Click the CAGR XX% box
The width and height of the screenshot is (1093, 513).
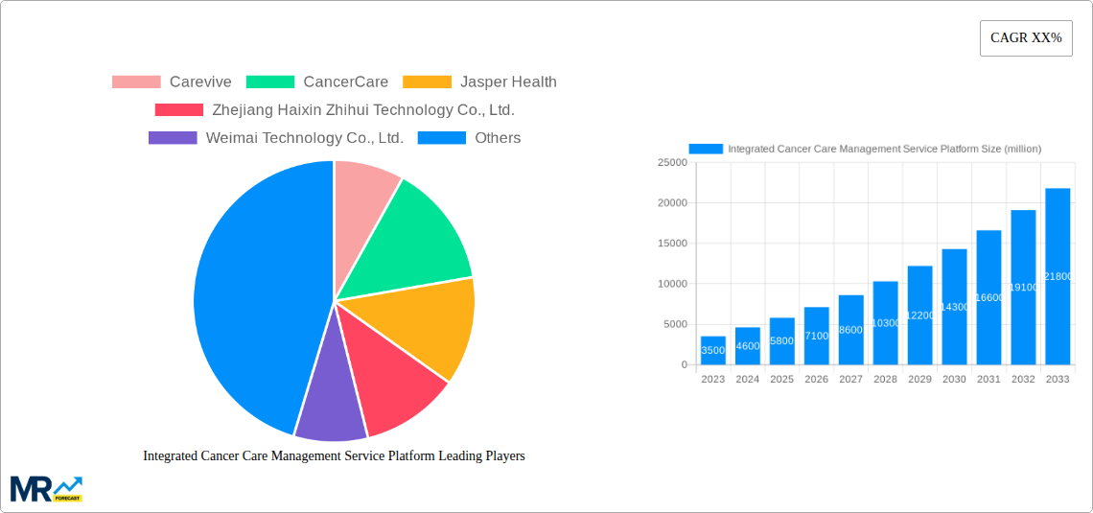tap(1026, 38)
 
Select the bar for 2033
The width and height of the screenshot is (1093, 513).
tap(1058, 278)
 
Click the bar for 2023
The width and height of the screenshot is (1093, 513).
tap(713, 351)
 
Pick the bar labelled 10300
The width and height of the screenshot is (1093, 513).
tap(886, 323)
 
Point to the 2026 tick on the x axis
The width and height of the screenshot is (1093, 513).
tap(817, 379)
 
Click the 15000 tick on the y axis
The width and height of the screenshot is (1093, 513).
tap(671, 244)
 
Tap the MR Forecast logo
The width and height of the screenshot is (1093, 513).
tap(46, 488)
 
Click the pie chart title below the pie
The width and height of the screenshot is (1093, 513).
tap(334, 455)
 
